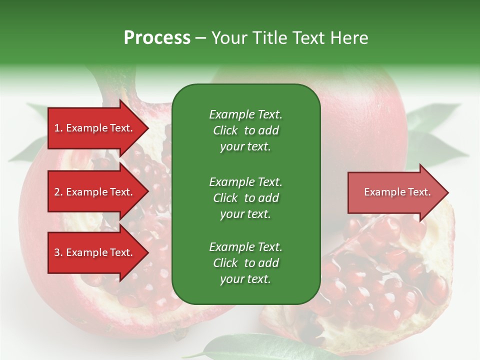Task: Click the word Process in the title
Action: click(x=157, y=37)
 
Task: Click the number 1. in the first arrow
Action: click(x=58, y=128)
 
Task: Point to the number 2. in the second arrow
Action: click(x=58, y=192)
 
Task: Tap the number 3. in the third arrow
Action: click(x=58, y=252)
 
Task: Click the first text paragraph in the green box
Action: click(x=245, y=130)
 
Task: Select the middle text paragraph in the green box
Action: click(x=245, y=198)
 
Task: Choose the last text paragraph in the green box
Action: click(x=245, y=263)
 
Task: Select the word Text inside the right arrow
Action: click(x=419, y=192)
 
